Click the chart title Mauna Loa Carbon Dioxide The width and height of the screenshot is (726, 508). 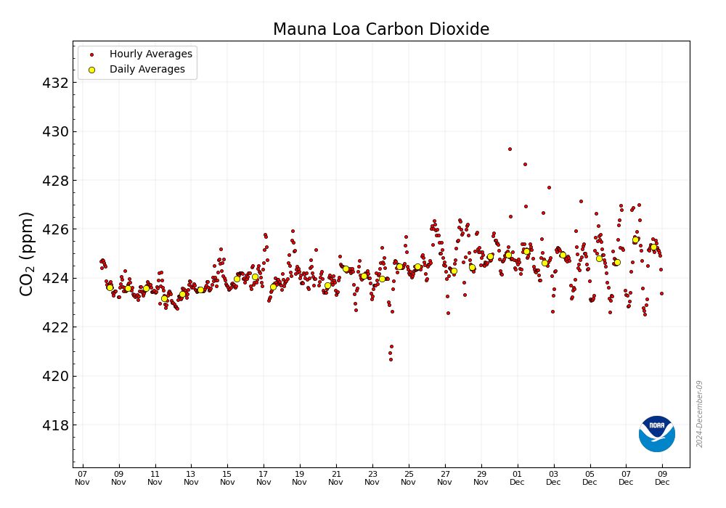[x=381, y=30]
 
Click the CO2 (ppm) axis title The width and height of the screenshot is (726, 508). [x=27, y=254]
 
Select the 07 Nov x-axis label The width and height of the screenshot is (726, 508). [x=82, y=478]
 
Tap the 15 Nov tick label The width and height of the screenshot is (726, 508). [x=227, y=478]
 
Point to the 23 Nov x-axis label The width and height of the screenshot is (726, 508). [x=372, y=478]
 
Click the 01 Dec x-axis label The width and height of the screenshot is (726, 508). [x=517, y=478]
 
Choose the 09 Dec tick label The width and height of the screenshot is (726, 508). [x=662, y=478]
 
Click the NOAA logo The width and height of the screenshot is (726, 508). [x=657, y=434]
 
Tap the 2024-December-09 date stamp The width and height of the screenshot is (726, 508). [x=700, y=414]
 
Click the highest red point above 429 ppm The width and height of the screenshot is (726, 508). [x=510, y=149]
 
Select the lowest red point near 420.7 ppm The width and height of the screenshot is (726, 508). [x=391, y=359]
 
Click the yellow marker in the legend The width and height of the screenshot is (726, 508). [x=91, y=70]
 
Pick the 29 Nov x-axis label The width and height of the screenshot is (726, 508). [x=481, y=478]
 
